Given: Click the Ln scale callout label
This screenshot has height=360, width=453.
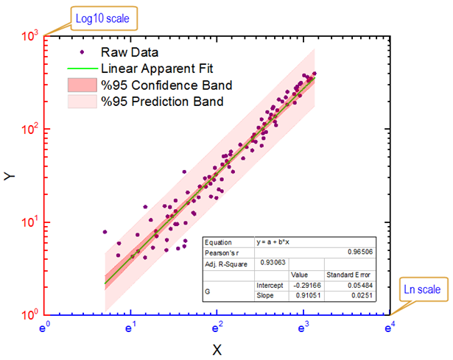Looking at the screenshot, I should click(421, 290).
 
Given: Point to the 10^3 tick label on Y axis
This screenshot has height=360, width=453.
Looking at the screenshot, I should click(29, 35).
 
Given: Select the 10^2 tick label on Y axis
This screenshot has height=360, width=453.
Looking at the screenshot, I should click(29, 129).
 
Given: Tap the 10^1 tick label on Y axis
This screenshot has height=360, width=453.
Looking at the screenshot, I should click(29, 222).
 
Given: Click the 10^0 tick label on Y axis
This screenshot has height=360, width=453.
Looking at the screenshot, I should click(29, 316).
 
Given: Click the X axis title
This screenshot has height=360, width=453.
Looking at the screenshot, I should click(217, 349).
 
